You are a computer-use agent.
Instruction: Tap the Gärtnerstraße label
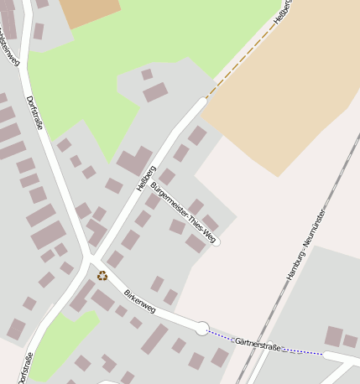[x=258, y=343]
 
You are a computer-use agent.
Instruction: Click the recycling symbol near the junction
[x=102, y=275]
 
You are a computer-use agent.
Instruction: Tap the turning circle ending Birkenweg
[x=202, y=328]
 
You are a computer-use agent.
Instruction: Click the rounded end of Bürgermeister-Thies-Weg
[x=216, y=241]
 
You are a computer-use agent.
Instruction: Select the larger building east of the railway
[x=334, y=336]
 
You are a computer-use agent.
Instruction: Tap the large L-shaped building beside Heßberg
[x=134, y=160]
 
